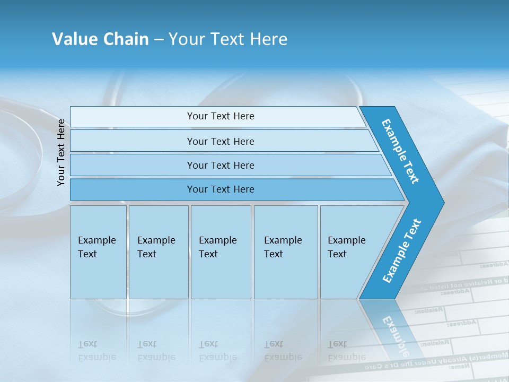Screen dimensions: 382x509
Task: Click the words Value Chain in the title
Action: point(100,39)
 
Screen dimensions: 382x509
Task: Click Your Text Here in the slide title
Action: point(228,39)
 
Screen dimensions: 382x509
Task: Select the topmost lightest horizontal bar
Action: point(133,117)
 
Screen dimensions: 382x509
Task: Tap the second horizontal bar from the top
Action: point(133,141)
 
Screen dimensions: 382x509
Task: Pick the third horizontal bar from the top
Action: point(133,165)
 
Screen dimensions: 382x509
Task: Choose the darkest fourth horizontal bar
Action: point(133,189)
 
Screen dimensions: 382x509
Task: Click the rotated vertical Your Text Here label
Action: point(61,152)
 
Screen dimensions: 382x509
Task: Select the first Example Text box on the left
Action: point(98,252)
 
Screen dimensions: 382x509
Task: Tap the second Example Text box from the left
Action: point(158,252)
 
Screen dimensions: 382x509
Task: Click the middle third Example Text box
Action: point(221,252)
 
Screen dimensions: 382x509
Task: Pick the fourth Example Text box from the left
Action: point(285,252)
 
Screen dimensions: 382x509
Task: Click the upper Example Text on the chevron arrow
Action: point(400,151)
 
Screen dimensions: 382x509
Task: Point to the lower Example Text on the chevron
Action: point(402,251)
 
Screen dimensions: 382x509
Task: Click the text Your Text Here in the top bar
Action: point(221,116)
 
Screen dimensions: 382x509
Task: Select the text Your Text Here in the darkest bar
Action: point(221,189)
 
